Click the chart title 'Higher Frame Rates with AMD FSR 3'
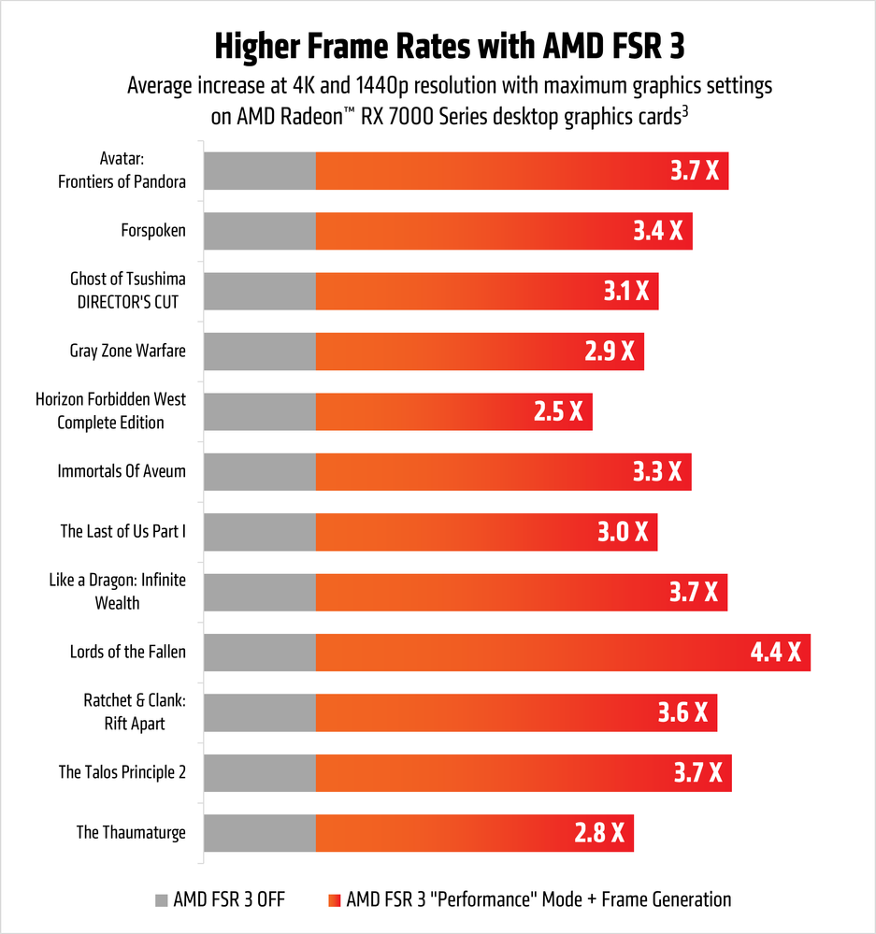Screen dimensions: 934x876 (438, 44)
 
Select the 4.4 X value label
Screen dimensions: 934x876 (776, 653)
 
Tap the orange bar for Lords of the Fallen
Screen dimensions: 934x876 (524, 653)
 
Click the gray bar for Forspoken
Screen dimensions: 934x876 (259, 231)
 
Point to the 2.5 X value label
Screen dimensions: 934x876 (558, 411)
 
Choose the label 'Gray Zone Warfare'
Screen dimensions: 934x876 (127, 352)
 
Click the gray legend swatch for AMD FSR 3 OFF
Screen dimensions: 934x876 (161, 900)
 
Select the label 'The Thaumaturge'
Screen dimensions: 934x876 (131, 832)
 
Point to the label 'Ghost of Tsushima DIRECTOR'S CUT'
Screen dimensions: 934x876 (127, 291)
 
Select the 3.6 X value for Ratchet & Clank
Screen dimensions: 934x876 (683, 712)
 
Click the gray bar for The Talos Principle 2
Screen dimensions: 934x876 (259, 772)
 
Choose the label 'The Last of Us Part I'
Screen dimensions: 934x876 (123, 532)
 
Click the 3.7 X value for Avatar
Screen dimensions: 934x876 (694, 171)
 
